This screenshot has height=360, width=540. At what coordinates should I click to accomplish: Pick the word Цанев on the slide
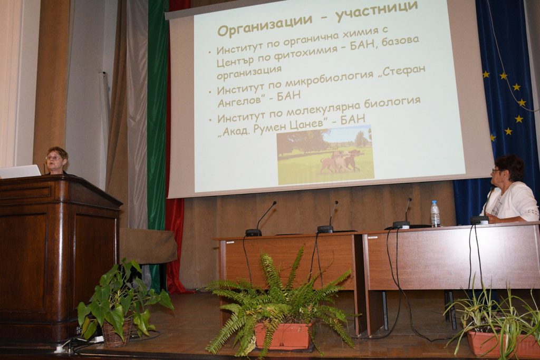click(303, 124)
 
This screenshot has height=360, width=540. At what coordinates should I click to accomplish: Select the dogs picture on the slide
click(325, 155)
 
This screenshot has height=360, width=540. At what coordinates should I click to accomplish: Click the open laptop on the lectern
click(20, 171)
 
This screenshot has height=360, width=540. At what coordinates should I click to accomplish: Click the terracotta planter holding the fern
click(284, 336)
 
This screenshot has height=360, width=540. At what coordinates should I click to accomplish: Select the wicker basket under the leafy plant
click(117, 333)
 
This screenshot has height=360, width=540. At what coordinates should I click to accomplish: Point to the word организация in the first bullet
click(249, 73)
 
